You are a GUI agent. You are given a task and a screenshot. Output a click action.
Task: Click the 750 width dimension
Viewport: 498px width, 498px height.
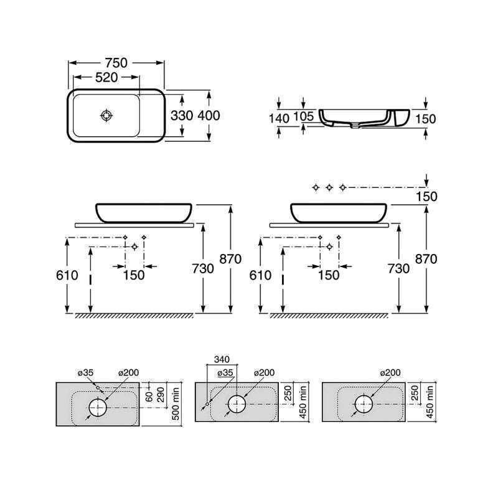[116, 63]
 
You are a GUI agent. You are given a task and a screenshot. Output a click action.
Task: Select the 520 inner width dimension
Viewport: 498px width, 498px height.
[106, 77]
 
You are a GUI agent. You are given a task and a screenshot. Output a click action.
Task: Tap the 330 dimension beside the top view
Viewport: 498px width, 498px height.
[182, 116]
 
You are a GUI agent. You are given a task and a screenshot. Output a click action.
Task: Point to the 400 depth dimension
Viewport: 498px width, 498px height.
[209, 116]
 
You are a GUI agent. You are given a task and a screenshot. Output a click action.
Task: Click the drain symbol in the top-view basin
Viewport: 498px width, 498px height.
[106, 115]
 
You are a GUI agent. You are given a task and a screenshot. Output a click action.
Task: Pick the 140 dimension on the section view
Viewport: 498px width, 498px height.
[279, 119]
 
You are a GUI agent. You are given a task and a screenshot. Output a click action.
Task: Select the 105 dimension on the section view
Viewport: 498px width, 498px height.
[303, 116]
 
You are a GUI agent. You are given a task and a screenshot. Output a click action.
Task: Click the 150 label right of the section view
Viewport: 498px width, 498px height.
[426, 119]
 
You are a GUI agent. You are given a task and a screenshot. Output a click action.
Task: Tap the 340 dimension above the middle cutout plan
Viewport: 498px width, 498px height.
[222, 360]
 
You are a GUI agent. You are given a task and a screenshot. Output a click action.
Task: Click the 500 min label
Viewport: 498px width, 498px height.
[176, 403]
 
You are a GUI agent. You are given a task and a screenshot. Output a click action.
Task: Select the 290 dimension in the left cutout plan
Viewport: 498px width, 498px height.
[161, 395]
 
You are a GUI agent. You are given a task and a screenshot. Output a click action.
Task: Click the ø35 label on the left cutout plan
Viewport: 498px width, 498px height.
[86, 372]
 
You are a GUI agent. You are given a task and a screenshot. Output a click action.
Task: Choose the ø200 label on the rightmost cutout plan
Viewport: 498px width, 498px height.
[390, 372]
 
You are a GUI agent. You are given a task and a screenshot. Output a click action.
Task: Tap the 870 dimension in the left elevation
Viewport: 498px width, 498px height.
[230, 259]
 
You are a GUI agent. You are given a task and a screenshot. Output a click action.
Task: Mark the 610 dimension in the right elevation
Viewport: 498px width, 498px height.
[260, 275]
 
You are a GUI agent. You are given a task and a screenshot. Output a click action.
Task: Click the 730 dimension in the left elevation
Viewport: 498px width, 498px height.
[203, 269]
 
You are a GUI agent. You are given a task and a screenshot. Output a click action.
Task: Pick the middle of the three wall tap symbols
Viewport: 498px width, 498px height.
[329, 187]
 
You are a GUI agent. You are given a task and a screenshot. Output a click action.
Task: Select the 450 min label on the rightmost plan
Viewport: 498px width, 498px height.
[430, 402]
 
